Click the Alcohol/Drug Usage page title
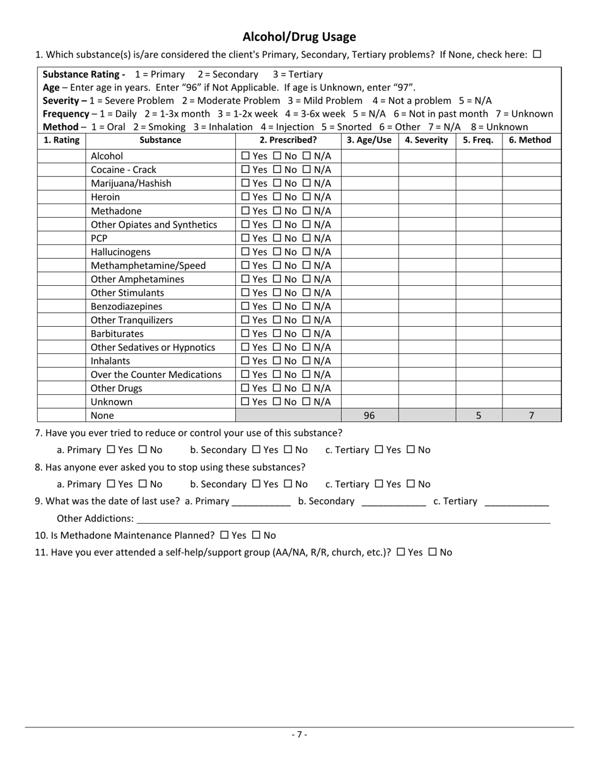point(299,37)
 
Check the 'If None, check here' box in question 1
point(537,54)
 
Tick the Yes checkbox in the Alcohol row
point(245,156)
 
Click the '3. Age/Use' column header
point(369,140)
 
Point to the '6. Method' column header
point(530,140)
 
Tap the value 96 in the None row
point(369,416)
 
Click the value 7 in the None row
point(531,416)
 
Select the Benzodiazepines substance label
point(126,307)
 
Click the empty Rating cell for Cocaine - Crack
point(61,170)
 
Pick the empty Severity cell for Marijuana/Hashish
point(426,184)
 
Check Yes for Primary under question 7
point(111,450)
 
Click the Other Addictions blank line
point(344,519)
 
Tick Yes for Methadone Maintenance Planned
point(224,535)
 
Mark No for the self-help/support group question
point(433,552)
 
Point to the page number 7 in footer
point(299,734)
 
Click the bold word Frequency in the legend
point(66,114)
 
